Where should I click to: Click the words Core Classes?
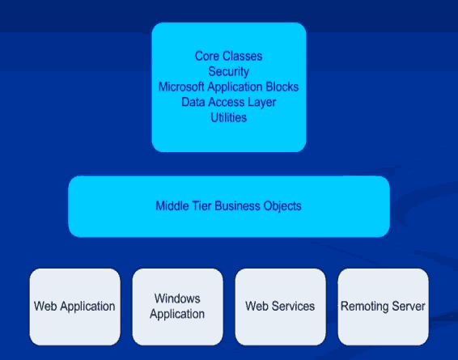click(x=229, y=56)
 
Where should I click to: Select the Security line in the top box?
click(x=229, y=71)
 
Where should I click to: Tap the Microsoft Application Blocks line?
click(x=228, y=87)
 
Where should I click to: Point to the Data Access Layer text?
click(x=229, y=102)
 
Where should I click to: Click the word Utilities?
click(x=229, y=117)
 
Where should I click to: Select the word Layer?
click(x=262, y=103)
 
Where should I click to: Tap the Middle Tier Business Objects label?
click(x=228, y=205)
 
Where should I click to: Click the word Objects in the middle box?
click(x=282, y=205)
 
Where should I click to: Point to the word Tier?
click(x=201, y=205)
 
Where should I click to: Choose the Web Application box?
click(x=74, y=307)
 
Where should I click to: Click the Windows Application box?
click(x=177, y=307)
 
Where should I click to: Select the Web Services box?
click(x=281, y=307)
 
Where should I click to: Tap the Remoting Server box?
click(x=384, y=307)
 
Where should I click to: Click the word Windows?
click(x=177, y=299)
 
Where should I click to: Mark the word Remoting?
click(x=365, y=307)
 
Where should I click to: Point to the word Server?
click(x=409, y=307)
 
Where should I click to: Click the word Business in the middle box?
click(x=237, y=205)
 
